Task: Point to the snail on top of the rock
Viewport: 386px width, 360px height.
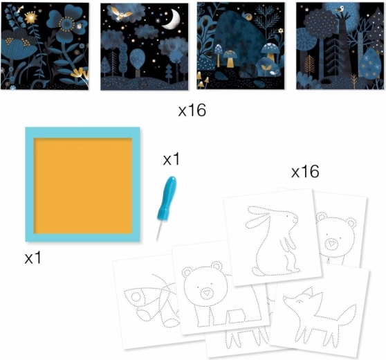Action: [x=248, y=16]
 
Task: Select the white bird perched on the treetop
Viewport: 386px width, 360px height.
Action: [x=340, y=9]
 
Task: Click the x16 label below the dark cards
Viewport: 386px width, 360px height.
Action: [x=192, y=110]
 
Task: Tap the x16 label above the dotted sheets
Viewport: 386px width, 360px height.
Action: [x=305, y=172]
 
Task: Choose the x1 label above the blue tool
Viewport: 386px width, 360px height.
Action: [x=172, y=159]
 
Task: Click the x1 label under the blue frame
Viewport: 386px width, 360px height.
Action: [x=33, y=258]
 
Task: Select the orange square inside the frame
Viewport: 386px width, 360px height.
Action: [x=83, y=186]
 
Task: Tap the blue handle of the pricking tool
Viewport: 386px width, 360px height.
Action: [x=167, y=197]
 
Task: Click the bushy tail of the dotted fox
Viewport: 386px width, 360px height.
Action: [x=347, y=316]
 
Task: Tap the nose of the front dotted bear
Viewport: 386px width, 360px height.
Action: [x=207, y=294]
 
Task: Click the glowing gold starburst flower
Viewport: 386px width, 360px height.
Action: [x=30, y=17]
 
